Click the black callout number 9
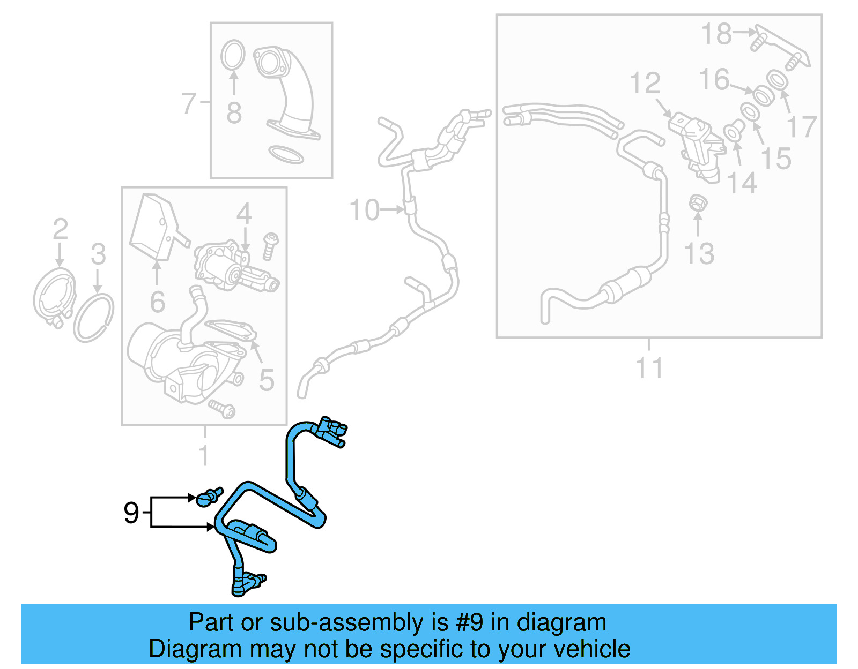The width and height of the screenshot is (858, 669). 131,513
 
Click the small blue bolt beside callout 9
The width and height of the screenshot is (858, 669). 208,498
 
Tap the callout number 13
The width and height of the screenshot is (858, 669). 699,254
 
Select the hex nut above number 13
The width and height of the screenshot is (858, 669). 698,204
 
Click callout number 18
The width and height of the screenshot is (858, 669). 716,34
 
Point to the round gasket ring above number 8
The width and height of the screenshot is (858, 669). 233,55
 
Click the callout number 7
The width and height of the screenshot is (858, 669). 189,103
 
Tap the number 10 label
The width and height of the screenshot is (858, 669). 364,210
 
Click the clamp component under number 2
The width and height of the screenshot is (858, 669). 54,298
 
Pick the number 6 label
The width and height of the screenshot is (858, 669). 157,302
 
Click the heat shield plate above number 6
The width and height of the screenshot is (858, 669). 156,228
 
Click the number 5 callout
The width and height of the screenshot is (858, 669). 267,380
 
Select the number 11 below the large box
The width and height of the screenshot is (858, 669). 649,368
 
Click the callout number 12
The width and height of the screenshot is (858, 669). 645,84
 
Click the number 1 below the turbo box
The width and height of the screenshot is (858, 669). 204,455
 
